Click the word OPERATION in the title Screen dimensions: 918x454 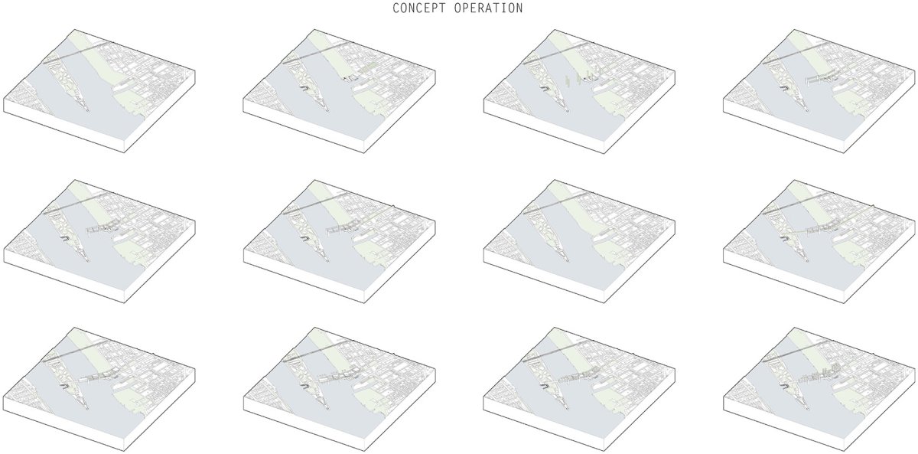coord(489,8)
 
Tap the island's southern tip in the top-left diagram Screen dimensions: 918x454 coord(88,111)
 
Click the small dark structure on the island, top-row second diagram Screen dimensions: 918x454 coord(303,88)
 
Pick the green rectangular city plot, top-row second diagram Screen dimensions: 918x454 coord(369,68)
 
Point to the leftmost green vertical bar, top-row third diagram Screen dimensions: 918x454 coord(567,80)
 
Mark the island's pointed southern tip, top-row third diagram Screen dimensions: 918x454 coord(568,111)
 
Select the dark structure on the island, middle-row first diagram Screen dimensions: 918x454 coord(63,238)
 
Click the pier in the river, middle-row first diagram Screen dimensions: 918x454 coord(102,228)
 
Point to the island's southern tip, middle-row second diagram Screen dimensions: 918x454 coord(328,261)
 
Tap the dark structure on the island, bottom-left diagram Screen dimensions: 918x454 coord(63,386)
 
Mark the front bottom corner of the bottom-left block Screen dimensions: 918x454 coord(125,451)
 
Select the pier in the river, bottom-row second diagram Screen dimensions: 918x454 coord(342,376)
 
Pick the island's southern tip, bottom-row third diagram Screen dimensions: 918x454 coord(568,409)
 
